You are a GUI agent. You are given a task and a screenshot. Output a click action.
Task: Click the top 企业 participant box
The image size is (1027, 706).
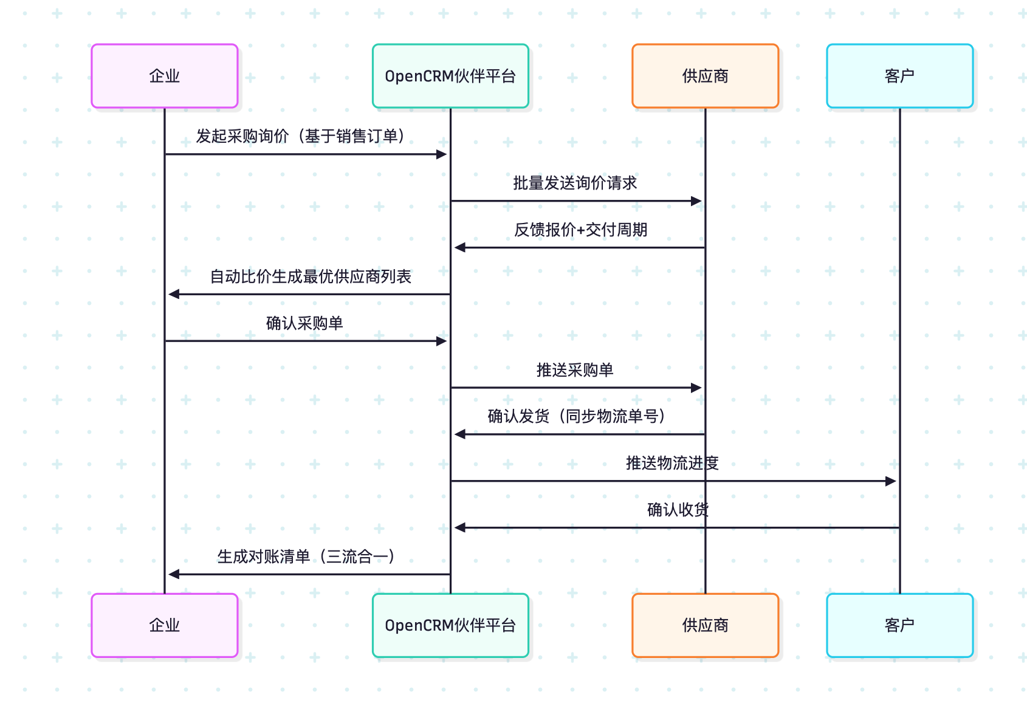165,76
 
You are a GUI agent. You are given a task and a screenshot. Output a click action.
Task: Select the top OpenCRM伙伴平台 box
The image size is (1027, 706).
450,76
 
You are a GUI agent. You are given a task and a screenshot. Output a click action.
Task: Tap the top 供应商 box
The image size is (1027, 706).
705,76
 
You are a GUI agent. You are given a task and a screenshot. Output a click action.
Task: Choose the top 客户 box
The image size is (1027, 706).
899,76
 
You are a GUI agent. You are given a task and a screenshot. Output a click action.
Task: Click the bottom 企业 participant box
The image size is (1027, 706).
165,625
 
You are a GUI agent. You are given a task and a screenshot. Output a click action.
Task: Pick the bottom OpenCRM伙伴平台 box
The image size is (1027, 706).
450,625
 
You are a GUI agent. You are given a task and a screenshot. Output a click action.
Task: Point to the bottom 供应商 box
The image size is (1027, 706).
705,625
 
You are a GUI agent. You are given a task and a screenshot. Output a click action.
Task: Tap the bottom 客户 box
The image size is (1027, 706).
899,625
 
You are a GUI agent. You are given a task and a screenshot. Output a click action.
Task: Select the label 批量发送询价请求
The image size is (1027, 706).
575,183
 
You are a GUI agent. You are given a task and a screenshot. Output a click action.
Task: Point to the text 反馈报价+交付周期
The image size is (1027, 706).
580,230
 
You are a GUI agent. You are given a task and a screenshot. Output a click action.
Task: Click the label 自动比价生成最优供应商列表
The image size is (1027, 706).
311,276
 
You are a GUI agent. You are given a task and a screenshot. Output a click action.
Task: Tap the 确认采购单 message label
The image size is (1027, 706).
304,323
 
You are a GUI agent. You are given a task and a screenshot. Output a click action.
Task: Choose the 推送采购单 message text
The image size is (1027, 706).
575,370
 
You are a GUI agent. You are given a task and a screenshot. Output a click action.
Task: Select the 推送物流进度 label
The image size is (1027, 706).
672,463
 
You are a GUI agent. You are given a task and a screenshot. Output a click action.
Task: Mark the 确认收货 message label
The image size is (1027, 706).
678,510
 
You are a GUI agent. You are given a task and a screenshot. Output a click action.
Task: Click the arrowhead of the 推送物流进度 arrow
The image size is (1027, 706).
891,481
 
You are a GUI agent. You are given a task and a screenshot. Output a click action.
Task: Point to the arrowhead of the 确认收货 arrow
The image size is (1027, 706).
460,527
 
